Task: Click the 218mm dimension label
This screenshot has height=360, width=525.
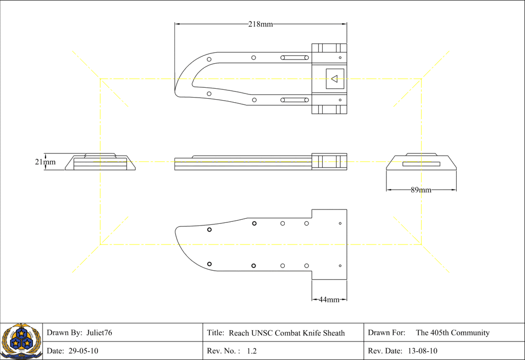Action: click(260, 24)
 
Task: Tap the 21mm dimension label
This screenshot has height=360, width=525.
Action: click(45, 162)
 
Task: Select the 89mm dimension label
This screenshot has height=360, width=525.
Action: click(421, 190)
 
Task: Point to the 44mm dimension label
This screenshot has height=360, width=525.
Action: click(329, 299)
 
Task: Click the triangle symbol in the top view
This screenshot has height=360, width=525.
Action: click(334, 79)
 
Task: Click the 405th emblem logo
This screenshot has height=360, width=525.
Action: click(21, 341)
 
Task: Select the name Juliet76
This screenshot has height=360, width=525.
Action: click(99, 333)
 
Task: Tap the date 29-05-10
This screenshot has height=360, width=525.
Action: click(83, 351)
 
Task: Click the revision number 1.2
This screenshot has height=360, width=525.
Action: click(251, 351)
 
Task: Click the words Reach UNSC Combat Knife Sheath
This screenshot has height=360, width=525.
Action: click(286, 333)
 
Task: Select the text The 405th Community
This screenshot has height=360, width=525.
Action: click(452, 333)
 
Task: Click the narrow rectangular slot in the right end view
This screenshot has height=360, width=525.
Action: click(421, 164)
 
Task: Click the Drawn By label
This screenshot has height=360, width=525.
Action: click(64, 333)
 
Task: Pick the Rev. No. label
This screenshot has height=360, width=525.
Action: click(224, 351)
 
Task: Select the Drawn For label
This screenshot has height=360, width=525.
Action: click(386, 333)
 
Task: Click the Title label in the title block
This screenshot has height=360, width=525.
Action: click(216, 333)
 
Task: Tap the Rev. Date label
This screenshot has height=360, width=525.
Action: click(385, 351)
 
